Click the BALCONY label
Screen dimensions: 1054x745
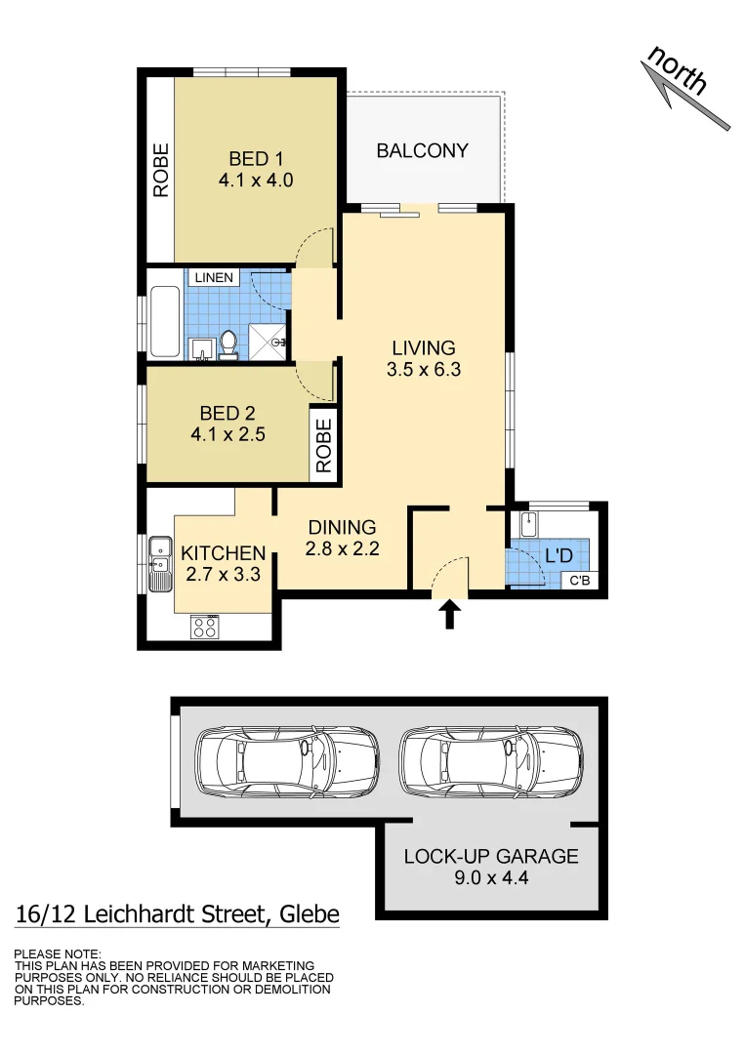(x=422, y=151)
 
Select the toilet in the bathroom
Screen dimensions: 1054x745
(x=228, y=344)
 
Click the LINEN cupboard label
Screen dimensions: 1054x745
(x=214, y=278)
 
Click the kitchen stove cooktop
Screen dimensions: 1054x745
(x=205, y=627)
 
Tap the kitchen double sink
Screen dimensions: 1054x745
(x=159, y=563)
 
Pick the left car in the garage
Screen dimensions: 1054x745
(x=285, y=761)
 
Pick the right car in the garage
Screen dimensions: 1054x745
(x=490, y=761)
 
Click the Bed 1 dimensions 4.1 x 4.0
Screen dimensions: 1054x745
(x=256, y=181)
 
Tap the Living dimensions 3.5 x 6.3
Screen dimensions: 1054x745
(x=423, y=370)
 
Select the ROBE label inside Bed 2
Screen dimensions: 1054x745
(x=323, y=445)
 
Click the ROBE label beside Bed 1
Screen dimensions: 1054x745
(x=160, y=171)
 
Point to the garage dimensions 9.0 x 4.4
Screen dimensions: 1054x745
(x=491, y=878)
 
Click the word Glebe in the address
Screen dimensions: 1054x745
(x=310, y=914)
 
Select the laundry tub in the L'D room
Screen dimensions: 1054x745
(x=528, y=523)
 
